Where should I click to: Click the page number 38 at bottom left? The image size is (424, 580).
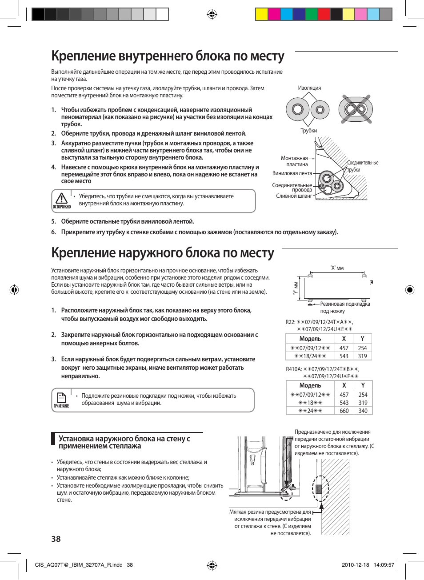(x=56, y=539)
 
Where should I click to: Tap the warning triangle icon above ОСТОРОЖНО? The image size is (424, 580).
(x=61, y=198)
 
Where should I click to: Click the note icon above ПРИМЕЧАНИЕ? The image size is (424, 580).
(x=61, y=397)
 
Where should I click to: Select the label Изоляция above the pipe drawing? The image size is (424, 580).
(x=309, y=88)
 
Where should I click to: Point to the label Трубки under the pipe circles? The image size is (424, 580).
(x=308, y=131)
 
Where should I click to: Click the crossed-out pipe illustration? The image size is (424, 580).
(x=356, y=109)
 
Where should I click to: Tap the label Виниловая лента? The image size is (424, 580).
(x=292, y=173)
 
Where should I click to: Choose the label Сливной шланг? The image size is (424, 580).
(x=294, y=196)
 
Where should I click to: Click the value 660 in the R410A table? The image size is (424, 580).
(x=344, y=411)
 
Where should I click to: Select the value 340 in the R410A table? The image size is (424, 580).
(x=363, y=411)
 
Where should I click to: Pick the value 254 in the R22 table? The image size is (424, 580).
(x=363, y=348)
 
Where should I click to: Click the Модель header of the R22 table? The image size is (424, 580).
(x=310, y=339)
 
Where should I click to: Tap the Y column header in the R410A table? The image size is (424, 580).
(x=363, y=385)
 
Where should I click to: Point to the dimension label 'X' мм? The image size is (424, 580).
(x=337, y=268)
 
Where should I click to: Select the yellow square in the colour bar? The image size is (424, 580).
(x=261, y=15)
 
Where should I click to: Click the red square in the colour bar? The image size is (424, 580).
(x=324, y=15)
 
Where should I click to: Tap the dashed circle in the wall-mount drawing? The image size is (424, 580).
(x=320, y=488)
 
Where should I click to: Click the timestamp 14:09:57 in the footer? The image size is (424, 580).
(x=384, y=565)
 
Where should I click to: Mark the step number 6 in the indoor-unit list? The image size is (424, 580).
(x=53, y=232)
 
